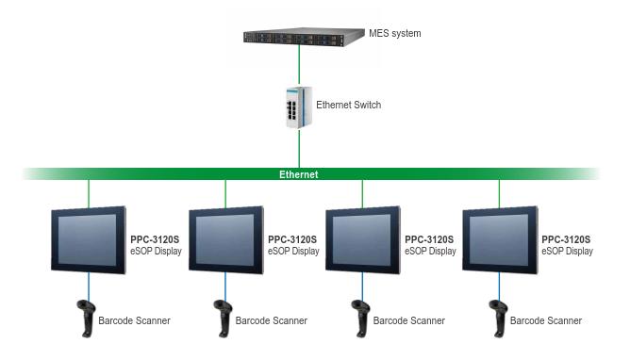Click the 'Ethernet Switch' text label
pos(349,105)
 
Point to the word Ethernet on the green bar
pos(299,174)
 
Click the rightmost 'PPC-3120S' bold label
pos(566,240)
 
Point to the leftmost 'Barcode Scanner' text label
pos(134,321)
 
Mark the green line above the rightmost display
pos(501,193)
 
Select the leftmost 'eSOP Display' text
pos(156,252)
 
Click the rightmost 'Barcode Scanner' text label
pos(546,321)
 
